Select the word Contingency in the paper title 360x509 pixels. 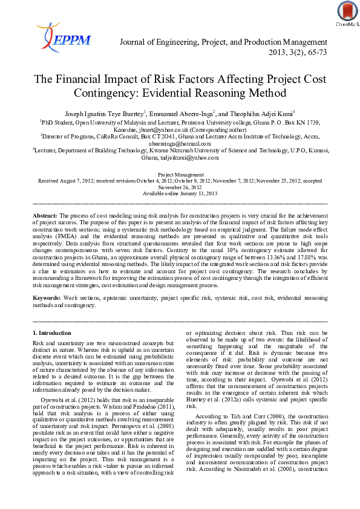[101, 93]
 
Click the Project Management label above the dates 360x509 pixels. [180, 173]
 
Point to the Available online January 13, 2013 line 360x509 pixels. [180, 193]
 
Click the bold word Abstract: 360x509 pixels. [44, 216]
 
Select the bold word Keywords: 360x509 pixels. [46, 298]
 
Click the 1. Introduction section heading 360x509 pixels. [51, 333]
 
